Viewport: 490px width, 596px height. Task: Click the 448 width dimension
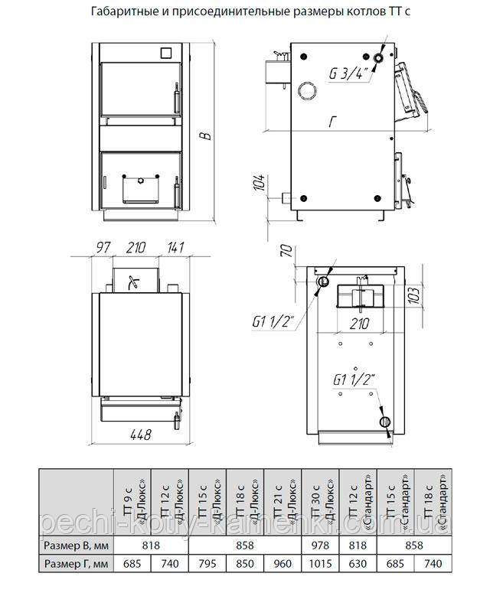[140, 434]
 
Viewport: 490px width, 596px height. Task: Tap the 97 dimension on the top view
[103, 247]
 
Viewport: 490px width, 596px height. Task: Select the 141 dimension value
[175, 247]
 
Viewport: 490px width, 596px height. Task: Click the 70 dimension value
[287, 251]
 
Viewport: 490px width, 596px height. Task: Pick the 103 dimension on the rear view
[416, 295]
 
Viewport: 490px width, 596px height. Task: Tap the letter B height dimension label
[206, 135]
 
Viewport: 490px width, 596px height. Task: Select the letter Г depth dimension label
[333, 122]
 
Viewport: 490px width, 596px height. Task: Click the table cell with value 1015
[320, 563]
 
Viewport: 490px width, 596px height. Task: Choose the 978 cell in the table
[320, 546]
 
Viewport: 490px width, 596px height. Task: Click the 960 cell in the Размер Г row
[283, 563]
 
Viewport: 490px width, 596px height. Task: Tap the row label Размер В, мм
[76, 546]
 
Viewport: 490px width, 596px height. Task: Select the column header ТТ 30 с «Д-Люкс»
[320, 501]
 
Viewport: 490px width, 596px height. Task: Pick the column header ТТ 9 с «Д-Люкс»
[132, 501]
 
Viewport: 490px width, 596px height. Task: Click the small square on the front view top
[166, 53]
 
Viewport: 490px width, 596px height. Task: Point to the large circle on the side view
[307, 91]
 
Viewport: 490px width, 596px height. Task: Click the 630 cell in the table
[358, 563]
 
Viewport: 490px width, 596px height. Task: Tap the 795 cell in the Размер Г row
[207, 563]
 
